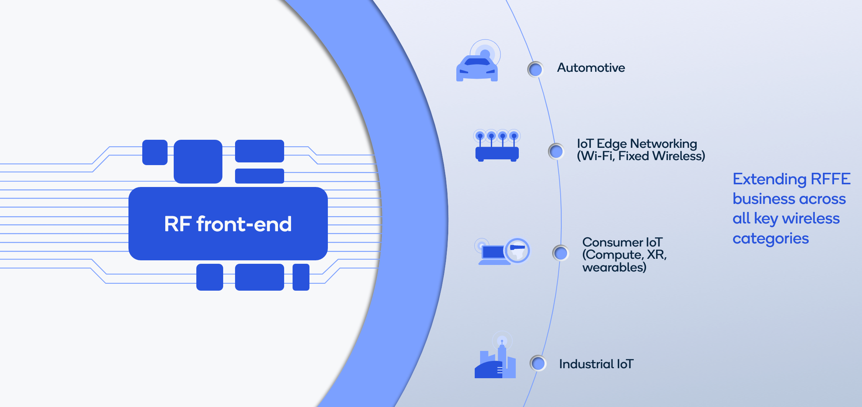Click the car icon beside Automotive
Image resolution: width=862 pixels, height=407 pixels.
477,67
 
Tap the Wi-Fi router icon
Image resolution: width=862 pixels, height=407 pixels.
497,148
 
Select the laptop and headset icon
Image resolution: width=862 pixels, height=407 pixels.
502,251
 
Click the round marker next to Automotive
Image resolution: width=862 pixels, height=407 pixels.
535,69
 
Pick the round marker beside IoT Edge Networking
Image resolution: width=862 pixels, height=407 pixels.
556,151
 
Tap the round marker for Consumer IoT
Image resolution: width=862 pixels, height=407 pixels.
561,253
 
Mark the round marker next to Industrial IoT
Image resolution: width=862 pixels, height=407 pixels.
538,363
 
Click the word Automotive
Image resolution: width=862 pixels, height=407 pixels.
591,68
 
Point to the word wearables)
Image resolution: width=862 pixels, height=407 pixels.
614,267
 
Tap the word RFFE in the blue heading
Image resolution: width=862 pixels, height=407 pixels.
831,179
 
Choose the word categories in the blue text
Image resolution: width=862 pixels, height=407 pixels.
771,239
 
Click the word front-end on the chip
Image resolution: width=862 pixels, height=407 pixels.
244,224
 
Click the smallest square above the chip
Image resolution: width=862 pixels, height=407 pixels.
155,152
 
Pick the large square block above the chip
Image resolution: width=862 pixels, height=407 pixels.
198,161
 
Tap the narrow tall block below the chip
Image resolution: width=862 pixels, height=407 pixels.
301,277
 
